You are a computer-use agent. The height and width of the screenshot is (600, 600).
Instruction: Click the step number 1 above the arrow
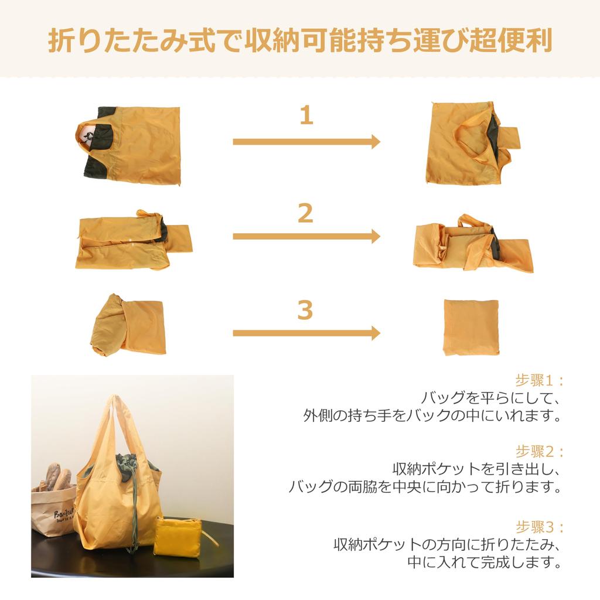click(306, 115)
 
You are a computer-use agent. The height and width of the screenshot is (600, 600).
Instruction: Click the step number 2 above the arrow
click(305, 214)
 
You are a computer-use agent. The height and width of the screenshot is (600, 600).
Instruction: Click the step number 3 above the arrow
click(305, 311)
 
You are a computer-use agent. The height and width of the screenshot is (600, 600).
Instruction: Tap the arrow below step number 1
click(306, 142)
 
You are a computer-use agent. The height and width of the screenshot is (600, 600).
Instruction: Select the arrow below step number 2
click(306, 237)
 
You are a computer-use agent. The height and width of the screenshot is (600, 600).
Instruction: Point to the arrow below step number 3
click(306, 333)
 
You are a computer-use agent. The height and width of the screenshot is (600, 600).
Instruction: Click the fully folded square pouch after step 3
click(471, 327)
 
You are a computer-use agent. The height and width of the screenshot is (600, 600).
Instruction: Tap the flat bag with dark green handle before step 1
click(129, 144)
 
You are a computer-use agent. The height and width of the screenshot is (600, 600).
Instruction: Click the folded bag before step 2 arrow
click(132, 240)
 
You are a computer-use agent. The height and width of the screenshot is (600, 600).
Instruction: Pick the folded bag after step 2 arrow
click(472, 246)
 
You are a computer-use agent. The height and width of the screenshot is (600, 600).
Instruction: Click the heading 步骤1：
click(538, 380)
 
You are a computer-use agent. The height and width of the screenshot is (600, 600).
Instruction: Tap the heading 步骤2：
click(538, 451)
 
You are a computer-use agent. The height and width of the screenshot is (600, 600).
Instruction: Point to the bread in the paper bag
click(56, 478)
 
